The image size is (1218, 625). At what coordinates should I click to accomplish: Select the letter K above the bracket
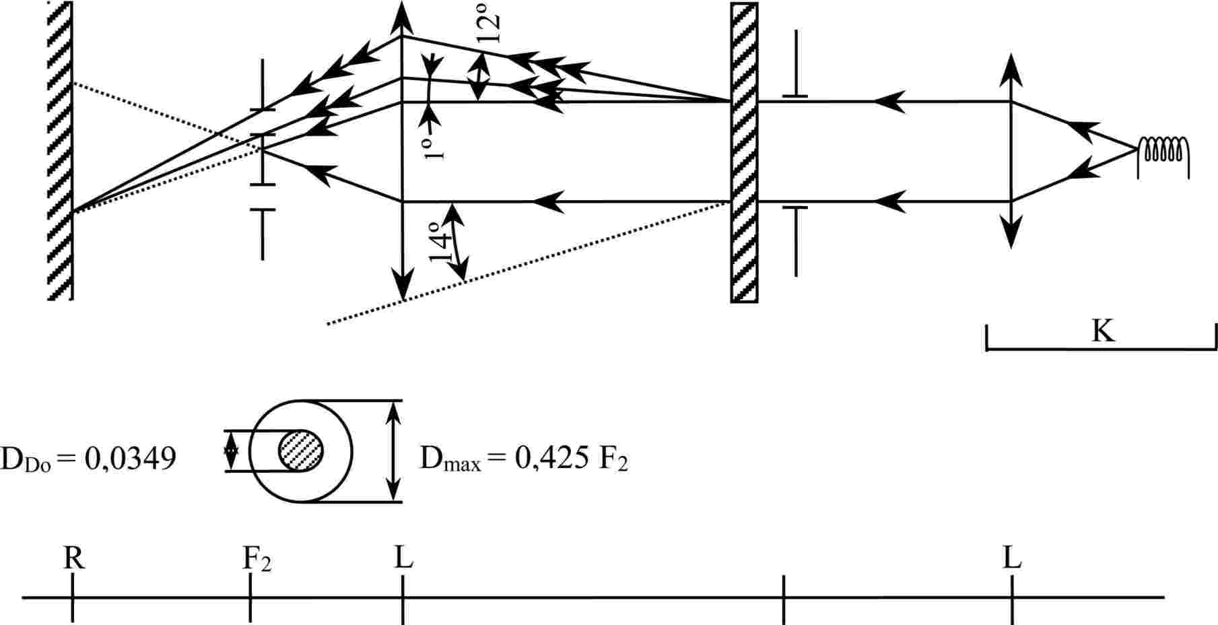coord(1102,331)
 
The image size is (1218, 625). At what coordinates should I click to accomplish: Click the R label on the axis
coord(74,558)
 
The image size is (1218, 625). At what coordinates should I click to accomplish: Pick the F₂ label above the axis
coord(257,560)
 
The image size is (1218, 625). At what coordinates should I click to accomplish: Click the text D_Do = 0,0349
coord(88,459)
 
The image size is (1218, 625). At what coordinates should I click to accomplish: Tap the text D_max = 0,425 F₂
coord(524,459)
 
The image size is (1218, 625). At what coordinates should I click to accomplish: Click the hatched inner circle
coord(301,451)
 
